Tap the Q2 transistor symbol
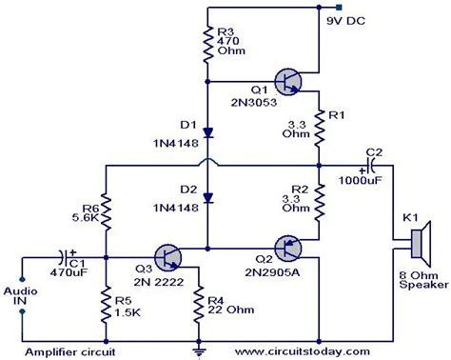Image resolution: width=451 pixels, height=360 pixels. click(x=287, y=250)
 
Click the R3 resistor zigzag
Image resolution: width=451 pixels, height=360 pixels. click(x=206, y=42)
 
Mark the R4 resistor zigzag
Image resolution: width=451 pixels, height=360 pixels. click(x=197, y=304)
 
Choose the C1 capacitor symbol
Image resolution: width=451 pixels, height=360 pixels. click(x=64, y=256)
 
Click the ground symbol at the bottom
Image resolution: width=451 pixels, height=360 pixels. click(x=197, y=350)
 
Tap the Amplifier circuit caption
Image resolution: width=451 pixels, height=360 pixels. click(x=60, y=351)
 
